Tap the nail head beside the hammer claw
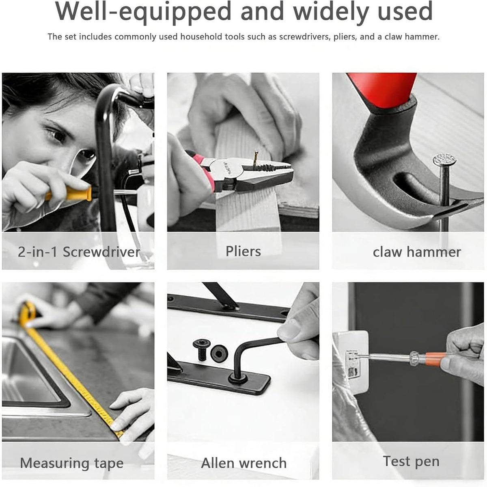point(444,159)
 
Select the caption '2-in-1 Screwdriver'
point(79,252)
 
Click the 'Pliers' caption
point(243,251)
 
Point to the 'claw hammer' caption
point(417,252)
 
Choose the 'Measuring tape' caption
point(72,463)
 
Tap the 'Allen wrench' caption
point(243,463)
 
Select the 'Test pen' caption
point(411,461)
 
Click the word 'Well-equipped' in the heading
point(143,11)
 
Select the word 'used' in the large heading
point(405,11)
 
